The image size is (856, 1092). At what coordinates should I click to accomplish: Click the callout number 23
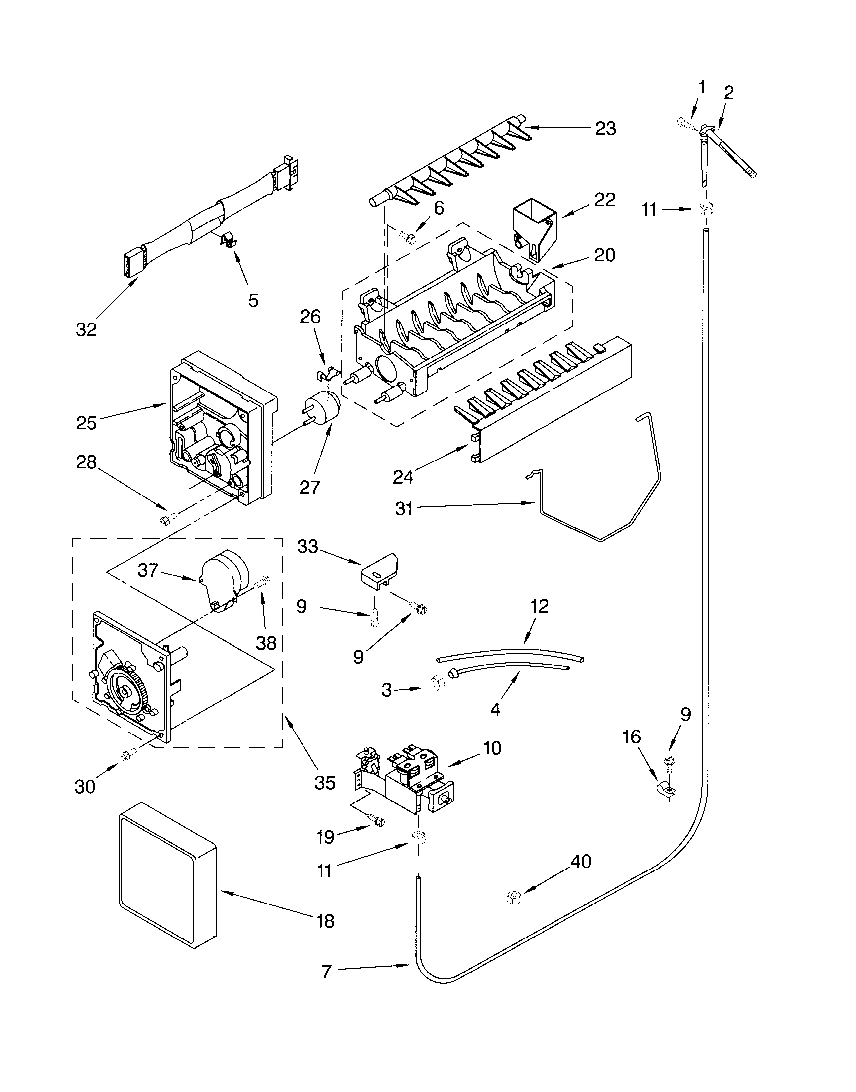click(605, 129)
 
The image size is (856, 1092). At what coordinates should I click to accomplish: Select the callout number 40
click(581, 862)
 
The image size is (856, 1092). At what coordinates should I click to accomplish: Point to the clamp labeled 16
click(666, 789)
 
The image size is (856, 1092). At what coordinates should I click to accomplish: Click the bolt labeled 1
click(684, 122)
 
